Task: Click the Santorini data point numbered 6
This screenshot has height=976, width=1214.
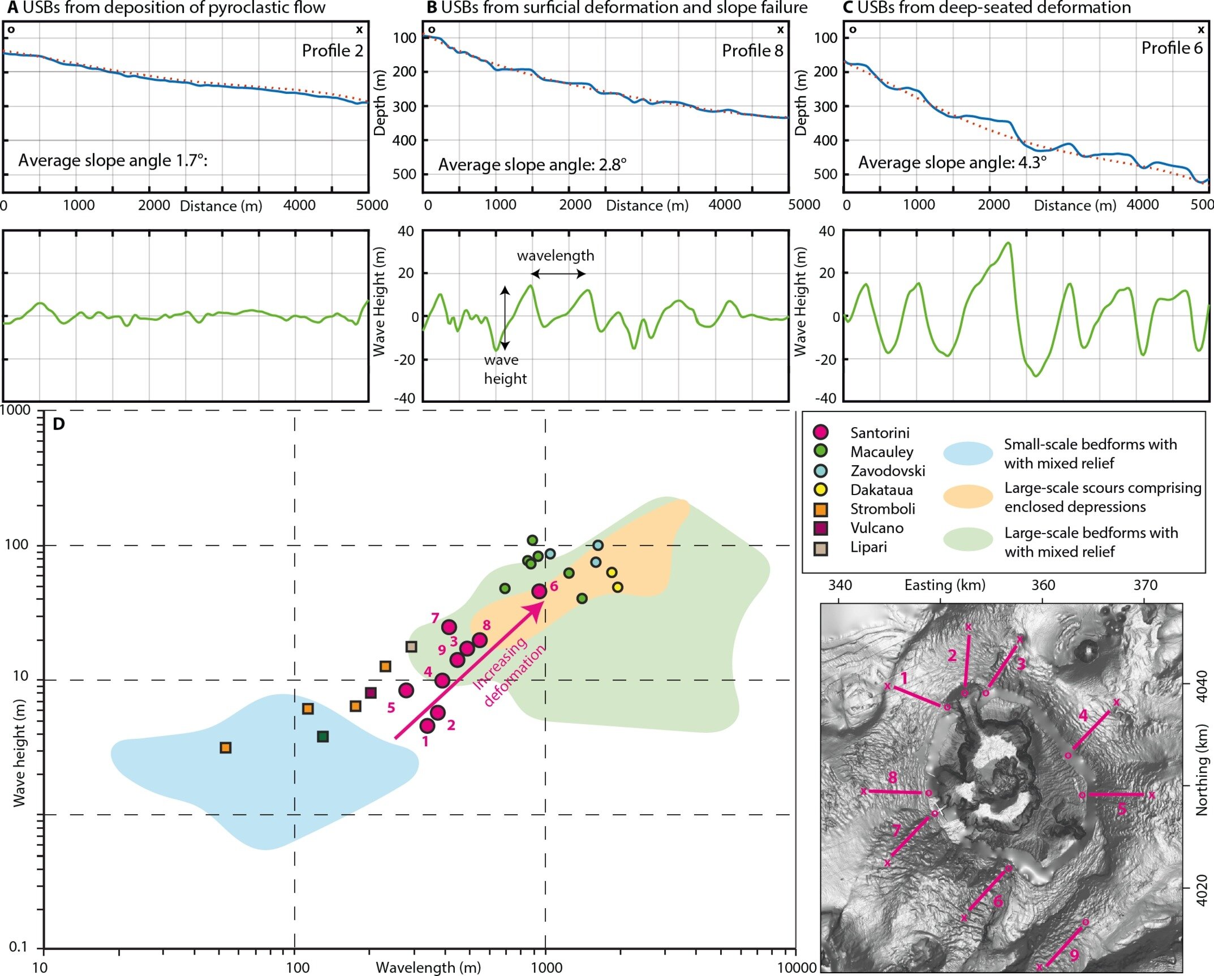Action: coord(539,591)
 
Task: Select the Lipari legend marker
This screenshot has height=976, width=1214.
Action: coord(820,548)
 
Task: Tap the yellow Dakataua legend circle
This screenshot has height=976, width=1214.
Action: coord(820,490)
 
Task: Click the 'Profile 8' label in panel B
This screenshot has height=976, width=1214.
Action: coord(752,51)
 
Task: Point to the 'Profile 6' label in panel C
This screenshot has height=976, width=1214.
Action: coord(1172,48)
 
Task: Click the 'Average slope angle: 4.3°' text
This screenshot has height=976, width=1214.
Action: coord(952,162)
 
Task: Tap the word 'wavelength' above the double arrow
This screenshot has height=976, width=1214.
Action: coord(556,256)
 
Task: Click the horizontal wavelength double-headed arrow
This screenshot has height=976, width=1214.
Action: coord(558,274)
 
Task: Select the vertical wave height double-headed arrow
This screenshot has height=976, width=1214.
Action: coord(505,317)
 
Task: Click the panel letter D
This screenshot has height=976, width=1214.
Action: coord(58,424)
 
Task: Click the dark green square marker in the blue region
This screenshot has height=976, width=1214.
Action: coord(322,737)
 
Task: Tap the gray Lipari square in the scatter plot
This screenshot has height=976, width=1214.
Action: coord(411,647)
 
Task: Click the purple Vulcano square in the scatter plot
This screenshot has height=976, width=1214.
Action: coord(371,693)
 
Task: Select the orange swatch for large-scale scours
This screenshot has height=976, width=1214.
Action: coord(968,497)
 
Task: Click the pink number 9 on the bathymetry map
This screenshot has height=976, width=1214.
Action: coord(1074,956)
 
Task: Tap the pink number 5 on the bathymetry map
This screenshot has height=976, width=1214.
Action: coord(1121,810)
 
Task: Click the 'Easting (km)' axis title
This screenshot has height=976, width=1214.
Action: coord(945,585)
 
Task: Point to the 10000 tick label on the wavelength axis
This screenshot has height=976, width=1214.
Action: coord(797,968)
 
